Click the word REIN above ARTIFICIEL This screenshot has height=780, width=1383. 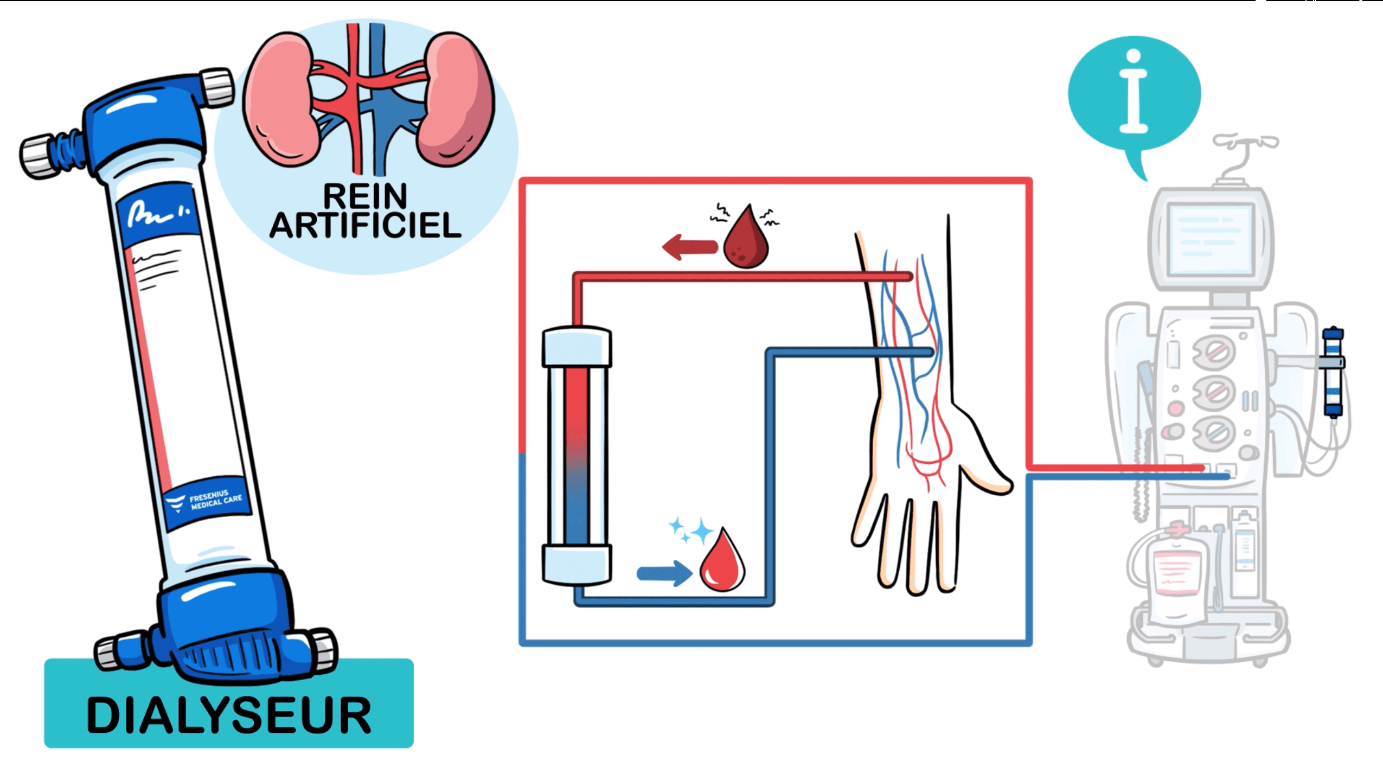pos(365,196)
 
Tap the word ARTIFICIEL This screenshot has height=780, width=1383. pos(365,226)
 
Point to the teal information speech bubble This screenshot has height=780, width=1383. pos(1135,95)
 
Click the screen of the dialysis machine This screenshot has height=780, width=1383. pos(1210,239)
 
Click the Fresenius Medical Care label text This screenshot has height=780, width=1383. pos(215,500)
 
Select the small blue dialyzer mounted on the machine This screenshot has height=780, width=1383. pos(1333,372)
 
